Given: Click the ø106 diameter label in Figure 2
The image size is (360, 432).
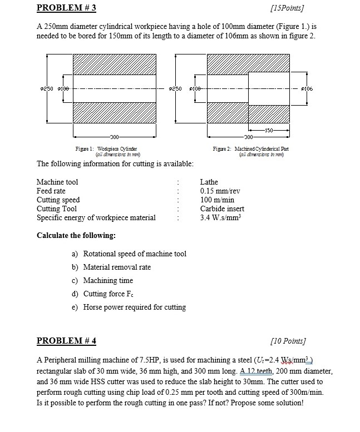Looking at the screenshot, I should (x=315, y=89).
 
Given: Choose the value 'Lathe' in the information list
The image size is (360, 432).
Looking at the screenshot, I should (x=209, y=182).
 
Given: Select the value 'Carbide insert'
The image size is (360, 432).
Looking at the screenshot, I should (x=222, y=208).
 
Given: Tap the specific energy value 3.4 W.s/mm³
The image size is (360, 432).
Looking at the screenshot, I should (x=222, y=217).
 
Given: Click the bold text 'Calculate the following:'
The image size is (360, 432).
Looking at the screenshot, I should (x=76, y=235).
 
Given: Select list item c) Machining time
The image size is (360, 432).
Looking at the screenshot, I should (x=102, y=280).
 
